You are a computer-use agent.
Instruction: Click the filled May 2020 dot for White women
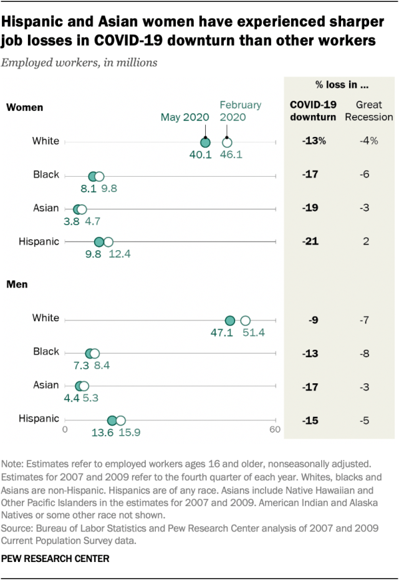tap(205, 141)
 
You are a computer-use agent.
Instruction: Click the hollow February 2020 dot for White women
tap(227, 141)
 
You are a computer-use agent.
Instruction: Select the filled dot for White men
tap(230, 320)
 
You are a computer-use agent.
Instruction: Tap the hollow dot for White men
tap(245, 320)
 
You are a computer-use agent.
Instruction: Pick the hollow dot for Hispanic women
tap(108, 242)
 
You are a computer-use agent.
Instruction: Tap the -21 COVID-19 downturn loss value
tap(309, 241)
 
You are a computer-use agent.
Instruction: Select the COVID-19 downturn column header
tap(313, 110)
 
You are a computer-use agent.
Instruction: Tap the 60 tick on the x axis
tap(274, 429)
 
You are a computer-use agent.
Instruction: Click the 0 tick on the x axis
tap(65, 429)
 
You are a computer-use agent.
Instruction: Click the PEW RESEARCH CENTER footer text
tap(55, 559)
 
